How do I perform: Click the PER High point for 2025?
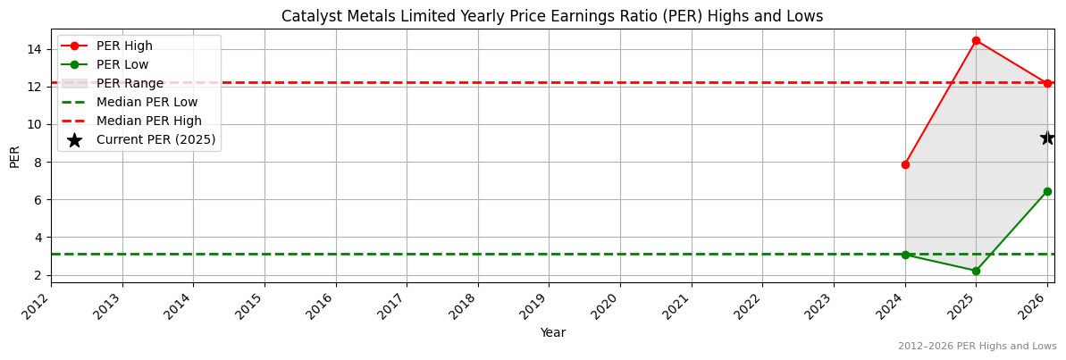[x=976, y=40]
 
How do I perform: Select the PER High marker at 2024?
[x=905, y=164]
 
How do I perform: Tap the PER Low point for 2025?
[x=976, y=271]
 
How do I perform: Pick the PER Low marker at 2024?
[x=905, y=255]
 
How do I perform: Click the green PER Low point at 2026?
[x=1047, y=191]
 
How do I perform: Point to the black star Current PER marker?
[x=1047, y=138]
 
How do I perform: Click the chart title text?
[x=552, y=16]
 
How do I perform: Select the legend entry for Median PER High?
[x=148, y=121]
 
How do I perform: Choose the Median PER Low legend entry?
[x=147, y=102]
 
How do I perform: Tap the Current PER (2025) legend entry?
[x=155, y=139]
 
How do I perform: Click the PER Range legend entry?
[x=130, y=83]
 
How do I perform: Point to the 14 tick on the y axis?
[x=36, y=49]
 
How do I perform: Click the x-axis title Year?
[x=552, y=333]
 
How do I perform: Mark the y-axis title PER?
[x=14, y=156]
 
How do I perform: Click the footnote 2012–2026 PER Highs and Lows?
[x=977, y=346]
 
